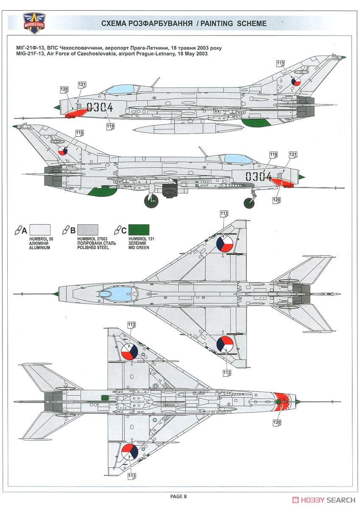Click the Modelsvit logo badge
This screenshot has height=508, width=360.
click(x=34, y=23)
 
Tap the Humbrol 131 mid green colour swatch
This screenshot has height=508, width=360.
click(x=138, y=230)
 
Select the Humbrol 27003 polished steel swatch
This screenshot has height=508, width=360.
click(x=88, y=230)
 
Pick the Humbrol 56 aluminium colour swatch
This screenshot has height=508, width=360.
click(x=40, y=230)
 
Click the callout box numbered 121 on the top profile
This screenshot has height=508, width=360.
click(x=82, y=85)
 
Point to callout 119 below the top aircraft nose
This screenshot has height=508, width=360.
click(x=110, y=126)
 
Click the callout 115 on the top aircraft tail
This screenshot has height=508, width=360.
click(x=280, y=63)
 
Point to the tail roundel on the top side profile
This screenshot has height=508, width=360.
click(x=296, y=81)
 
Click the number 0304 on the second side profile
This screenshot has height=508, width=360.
click(x=258, y=177)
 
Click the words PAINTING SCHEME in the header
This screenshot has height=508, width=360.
click(x=233, y=23)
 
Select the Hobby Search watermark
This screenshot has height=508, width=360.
click(x=324, y=500)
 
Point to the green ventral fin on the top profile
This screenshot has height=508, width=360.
click(x=256, y=122)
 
